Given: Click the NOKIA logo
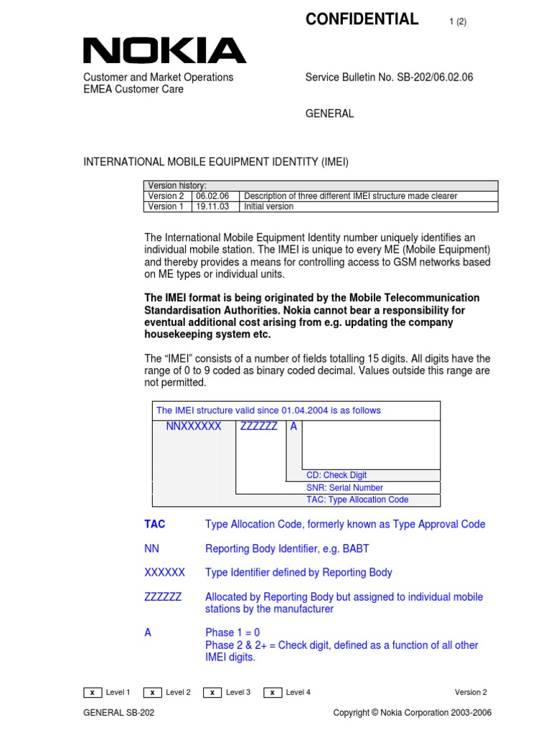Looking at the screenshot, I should point(164,51).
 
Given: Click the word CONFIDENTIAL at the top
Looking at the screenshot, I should point(362,19).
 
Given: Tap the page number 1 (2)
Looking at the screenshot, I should point(458,22).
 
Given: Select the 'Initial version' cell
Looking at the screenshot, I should point(269,207).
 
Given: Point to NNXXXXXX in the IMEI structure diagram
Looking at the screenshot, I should point(194,426).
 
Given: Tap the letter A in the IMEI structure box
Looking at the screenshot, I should point(293,426).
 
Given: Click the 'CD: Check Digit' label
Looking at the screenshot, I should point(336,475).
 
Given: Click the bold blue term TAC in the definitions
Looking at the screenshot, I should point(154,525).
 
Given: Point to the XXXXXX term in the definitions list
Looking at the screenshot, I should point(164,573).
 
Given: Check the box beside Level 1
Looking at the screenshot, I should point(93,693).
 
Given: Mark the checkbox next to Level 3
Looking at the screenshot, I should point(212,693).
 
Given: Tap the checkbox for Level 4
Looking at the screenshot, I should point(273,693).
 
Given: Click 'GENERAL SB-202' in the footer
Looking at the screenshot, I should point(119,713).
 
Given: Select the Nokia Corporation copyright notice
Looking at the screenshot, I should point(413,713).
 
